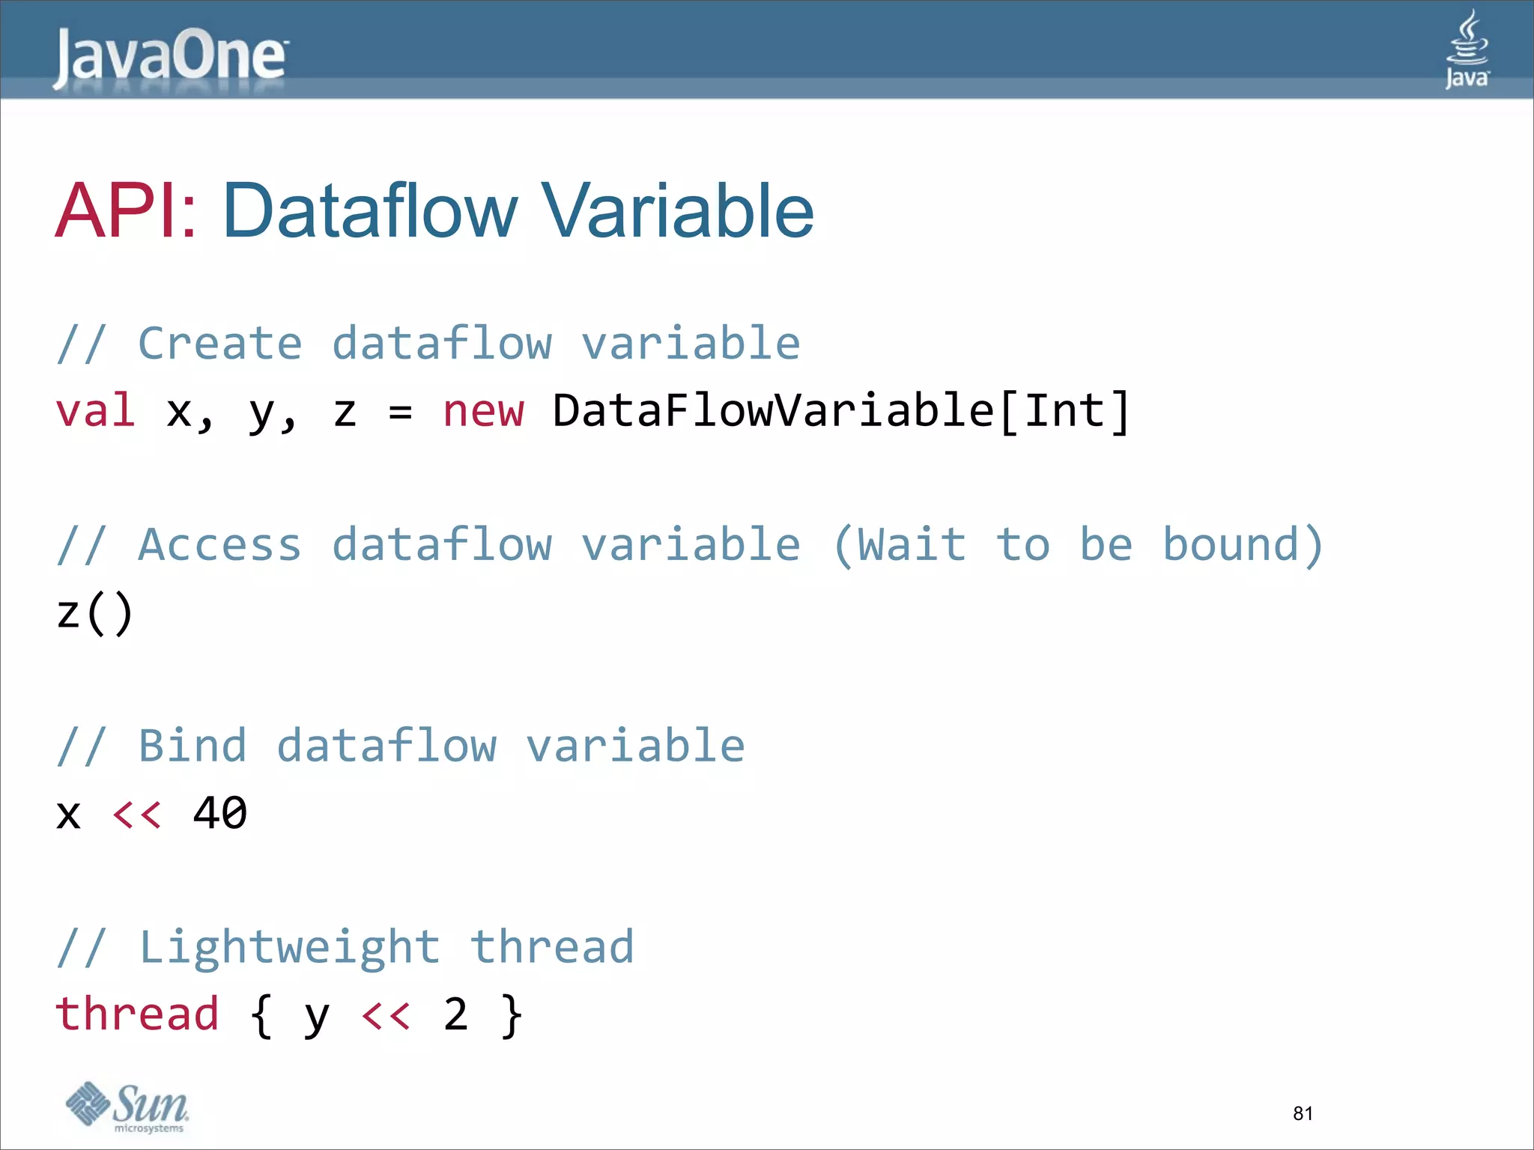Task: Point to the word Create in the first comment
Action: click(220, 344)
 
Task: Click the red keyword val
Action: click(96, 411)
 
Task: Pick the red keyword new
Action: click(483, 411)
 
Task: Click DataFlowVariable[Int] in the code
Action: click(840, 411)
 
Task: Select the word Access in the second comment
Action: click(220, 545)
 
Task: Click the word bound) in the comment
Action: click(1243, 545)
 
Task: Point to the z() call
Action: click(95, 612)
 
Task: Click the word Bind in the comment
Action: click(192, 746)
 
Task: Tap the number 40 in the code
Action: click(220, 813)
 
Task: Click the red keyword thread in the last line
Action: click(137, 1014)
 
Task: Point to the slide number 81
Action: click(1303, 1113)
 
